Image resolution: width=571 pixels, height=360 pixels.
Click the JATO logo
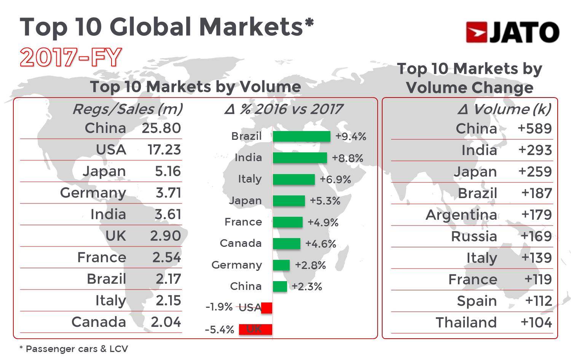pyautogui.click(x=512, y=32)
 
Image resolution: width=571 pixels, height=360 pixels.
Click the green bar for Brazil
pyautogui.click(x=301, y=136)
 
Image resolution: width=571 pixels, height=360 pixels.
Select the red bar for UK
pyautogui.click(x=255, y=329)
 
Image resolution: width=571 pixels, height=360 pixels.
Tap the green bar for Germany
pyautogui.click(x=281, y=265)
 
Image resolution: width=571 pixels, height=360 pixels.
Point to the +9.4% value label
pyautogui.click(x=351, y=136)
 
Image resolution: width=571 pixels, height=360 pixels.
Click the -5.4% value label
pyautogui.click(x=219, y=330)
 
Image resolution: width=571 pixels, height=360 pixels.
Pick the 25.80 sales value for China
pyautogui.click(x=161, y=128)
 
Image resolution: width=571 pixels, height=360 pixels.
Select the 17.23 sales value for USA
pyautogui.click(x=164, y=150)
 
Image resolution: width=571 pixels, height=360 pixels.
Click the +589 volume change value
pyautogui.click(x=534, y=129)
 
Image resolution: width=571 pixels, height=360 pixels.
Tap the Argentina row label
pyautogui.click(x=461, y=215)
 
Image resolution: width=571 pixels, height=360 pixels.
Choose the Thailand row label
pyautogui.click(x=466, y=323)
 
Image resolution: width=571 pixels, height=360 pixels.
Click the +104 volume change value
pyautogui.click(x=536, y=323)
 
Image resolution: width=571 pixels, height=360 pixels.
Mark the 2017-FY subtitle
pyautogui.click(x=71, y=58)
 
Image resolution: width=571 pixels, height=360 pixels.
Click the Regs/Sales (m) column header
pyautogui.click(x=127, y=109)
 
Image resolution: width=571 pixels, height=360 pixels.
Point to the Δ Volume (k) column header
pyautogui.click(x=504, y=109)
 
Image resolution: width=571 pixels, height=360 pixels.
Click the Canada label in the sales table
pyautogui.click(x=99, y=322)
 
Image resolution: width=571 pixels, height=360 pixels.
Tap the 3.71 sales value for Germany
pyautogui.click(x=168, y=193)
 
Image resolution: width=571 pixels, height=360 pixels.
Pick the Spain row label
pyautogui.click(x=477, y=301)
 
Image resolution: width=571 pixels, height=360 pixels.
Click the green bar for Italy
pyautogui.click(x=293, y=179)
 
